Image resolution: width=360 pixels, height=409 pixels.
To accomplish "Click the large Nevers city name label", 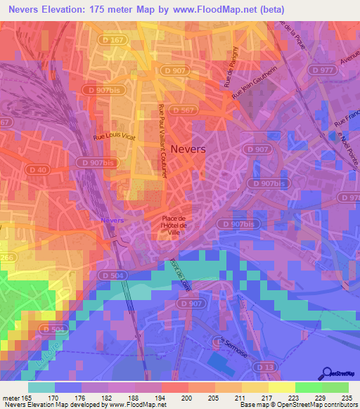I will click(x=188, y=149).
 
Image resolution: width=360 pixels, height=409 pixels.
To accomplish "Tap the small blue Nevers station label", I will click(x=112, y=220).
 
